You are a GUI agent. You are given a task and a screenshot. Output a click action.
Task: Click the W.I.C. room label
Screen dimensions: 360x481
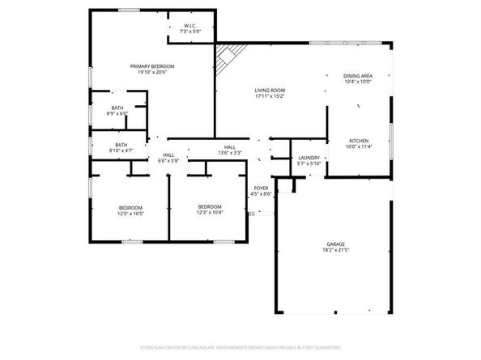pos(189,25)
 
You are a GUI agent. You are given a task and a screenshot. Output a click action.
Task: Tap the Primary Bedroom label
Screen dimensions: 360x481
pos(153,66)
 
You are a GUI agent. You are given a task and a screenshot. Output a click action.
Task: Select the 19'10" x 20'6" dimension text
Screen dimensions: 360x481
pos(153,73)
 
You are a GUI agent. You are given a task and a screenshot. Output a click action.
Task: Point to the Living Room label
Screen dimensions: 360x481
pos(270,91)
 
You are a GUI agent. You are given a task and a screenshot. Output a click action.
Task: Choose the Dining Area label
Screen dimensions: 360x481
pos(358,75)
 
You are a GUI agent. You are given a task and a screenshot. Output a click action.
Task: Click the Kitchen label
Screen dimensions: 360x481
pos(357,140)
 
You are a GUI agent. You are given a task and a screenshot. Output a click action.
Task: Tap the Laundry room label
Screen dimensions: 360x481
pos(309,158)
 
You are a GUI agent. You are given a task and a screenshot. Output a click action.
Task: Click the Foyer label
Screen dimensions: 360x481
pos(261,188)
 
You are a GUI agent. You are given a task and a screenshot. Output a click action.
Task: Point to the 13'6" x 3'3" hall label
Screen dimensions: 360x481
pos(230,153)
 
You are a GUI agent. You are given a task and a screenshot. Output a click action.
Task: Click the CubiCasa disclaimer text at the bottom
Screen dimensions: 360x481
pos(240,347)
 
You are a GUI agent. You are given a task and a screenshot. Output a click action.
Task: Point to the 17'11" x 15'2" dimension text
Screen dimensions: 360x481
pos(270,97)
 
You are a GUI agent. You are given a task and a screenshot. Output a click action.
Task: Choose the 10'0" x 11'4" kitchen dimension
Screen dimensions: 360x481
pos(357,146)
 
